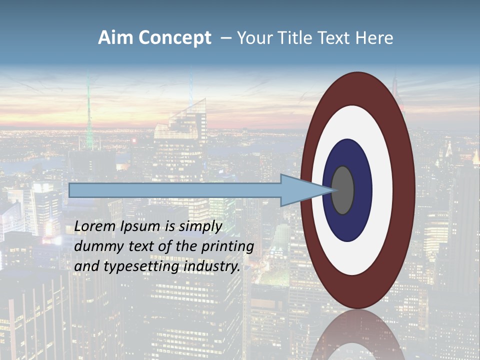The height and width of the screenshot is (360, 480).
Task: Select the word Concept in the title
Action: [174, 38]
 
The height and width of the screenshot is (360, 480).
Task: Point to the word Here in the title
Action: [374, 38]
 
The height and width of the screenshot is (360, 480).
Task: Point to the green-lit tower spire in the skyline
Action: [89, 115]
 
